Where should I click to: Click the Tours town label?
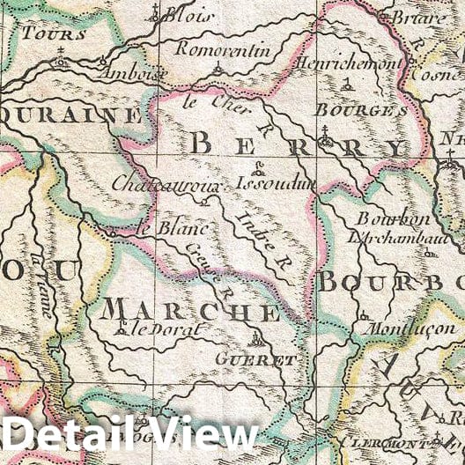click(55, 34)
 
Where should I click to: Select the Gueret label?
click(267, 360)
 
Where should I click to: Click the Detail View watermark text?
click(129, 434)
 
